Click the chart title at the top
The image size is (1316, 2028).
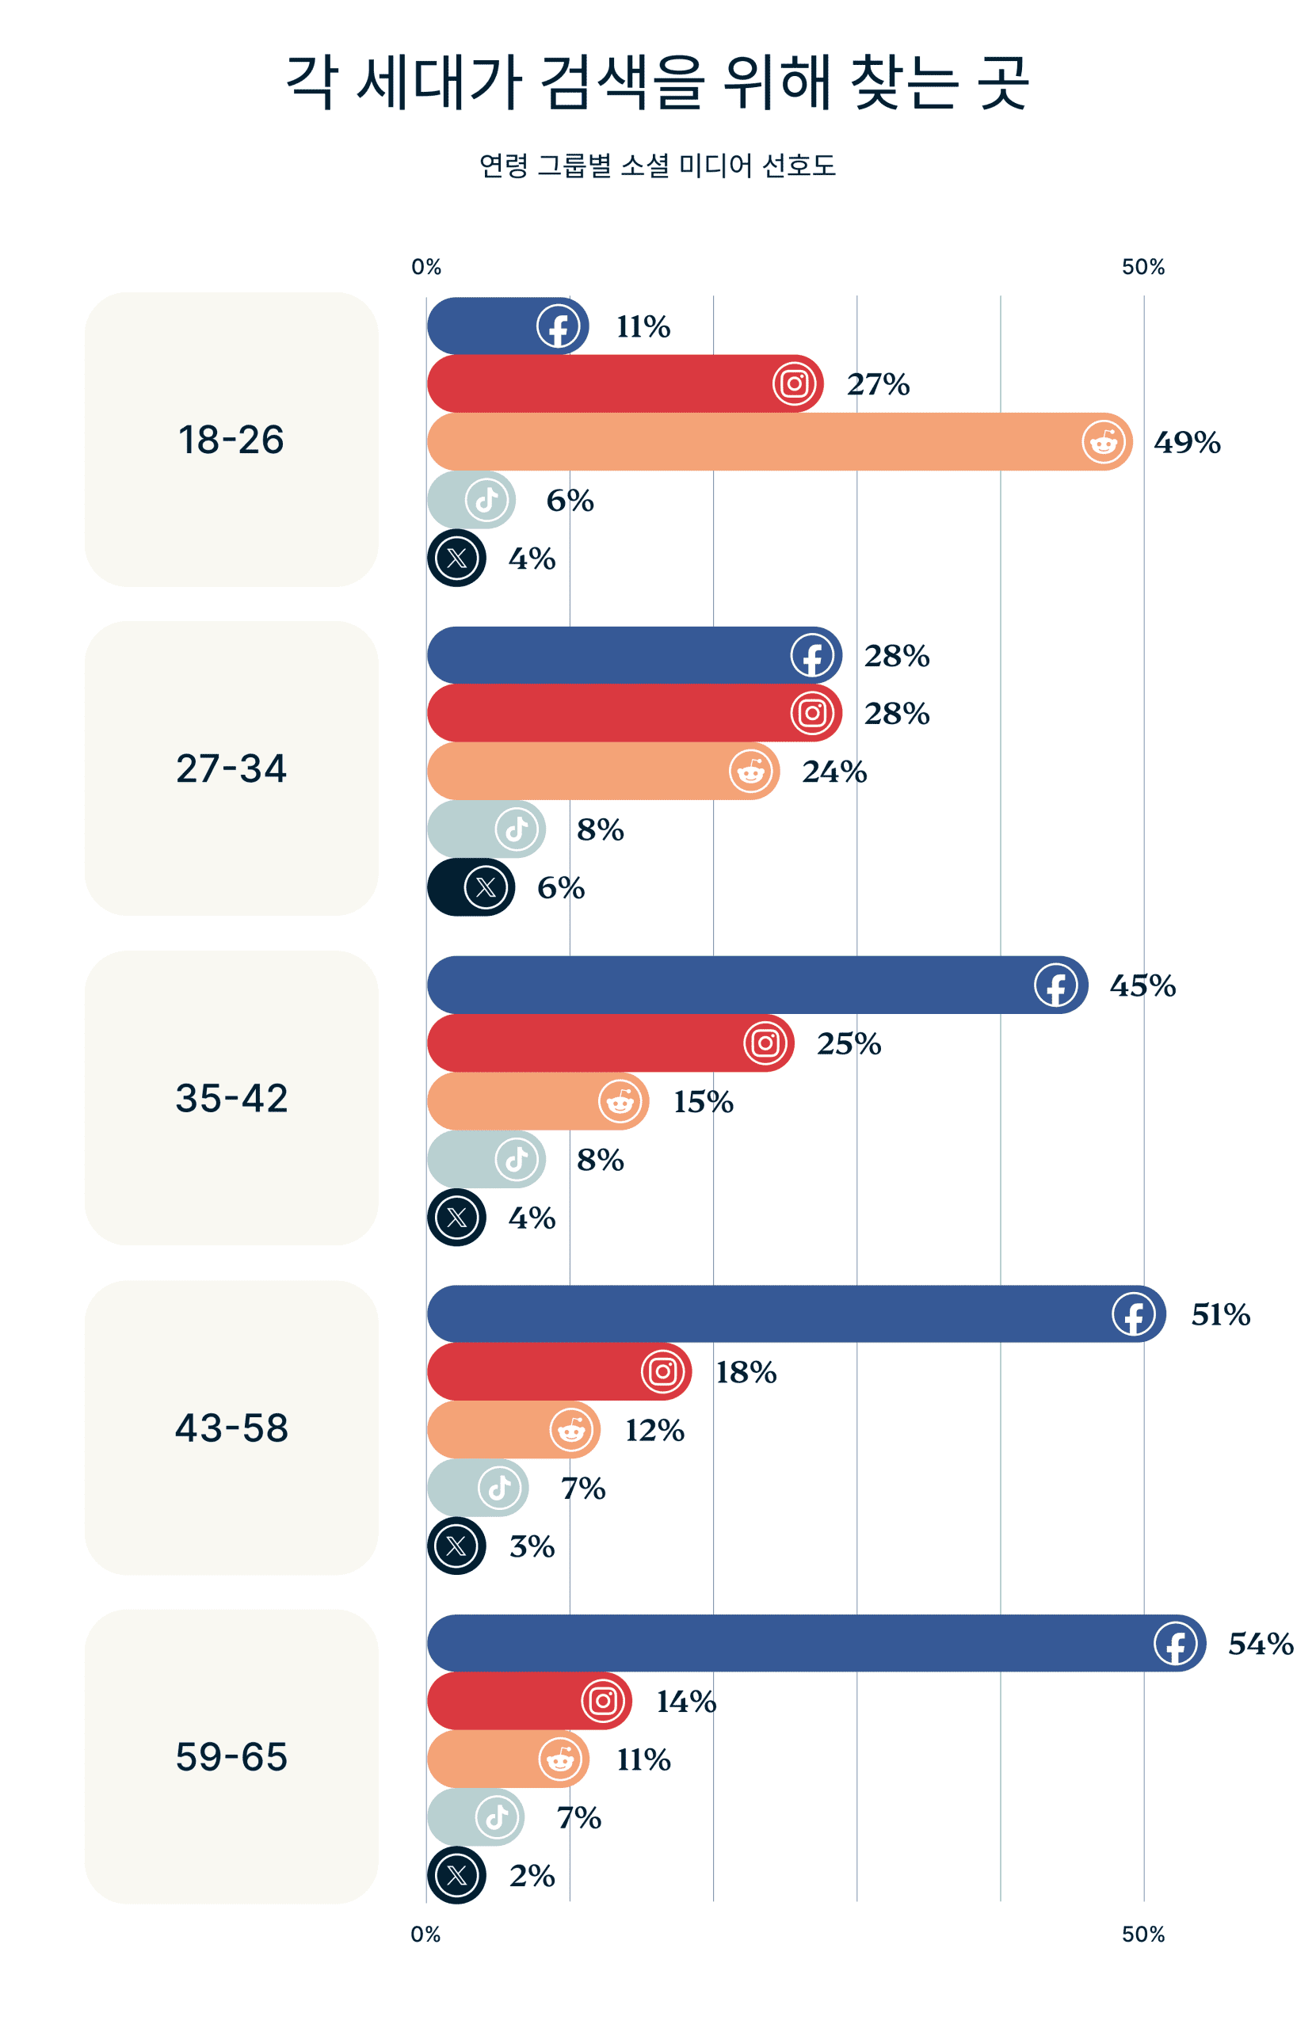(657, 82)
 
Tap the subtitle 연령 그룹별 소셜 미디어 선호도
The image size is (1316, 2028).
(657, 166)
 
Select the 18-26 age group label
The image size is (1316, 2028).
(231, 440)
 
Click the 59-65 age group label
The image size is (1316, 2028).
(231, 1756)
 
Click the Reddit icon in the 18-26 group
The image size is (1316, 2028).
(1103, 442)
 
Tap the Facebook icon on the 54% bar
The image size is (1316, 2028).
(1174, 1643)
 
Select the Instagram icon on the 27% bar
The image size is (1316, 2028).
(794, 383)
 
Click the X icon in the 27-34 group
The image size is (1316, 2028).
(485, 888)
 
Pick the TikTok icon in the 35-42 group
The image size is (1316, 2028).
(516, 1159)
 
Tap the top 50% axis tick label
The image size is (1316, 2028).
(1143, 267)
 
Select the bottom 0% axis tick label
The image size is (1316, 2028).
(426, 1935)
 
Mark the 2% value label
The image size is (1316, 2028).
(532, 1875)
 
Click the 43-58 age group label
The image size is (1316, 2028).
(231, 1428)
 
